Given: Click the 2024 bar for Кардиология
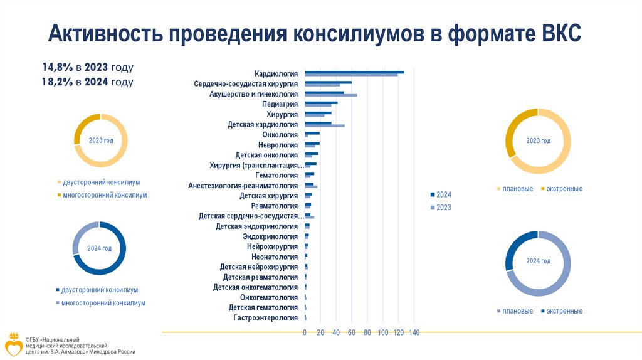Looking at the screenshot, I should click(x=354, y=72).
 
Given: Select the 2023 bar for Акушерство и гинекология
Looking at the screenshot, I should click(x=330, y=95).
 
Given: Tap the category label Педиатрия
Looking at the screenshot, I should click(x=280, y=104).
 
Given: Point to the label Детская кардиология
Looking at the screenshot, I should click(x=263, y=125).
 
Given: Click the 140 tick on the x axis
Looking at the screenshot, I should click(x=413, y=332).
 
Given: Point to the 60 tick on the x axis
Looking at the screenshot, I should click(x=352, y=332).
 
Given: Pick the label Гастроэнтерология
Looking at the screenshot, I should click(x=265, y=318).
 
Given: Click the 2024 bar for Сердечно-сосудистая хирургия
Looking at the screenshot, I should click(x=328, y=82).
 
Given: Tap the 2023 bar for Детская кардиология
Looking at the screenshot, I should click(x=324, y=126).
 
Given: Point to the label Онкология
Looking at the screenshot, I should click(x=280, y=135).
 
